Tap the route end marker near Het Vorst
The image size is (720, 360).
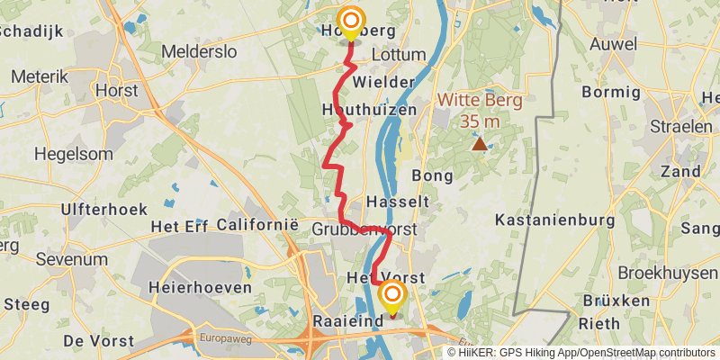click(392, 296)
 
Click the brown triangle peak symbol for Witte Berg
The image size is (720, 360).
click(480, 143)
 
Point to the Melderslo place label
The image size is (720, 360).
click(199, 52)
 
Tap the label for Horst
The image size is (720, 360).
click(115, 91)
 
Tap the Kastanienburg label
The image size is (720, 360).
click(554, 220)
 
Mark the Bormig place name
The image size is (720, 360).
click(610, 92)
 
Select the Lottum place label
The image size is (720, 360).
click(398, 55)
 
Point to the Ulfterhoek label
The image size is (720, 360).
click(97, 210)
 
